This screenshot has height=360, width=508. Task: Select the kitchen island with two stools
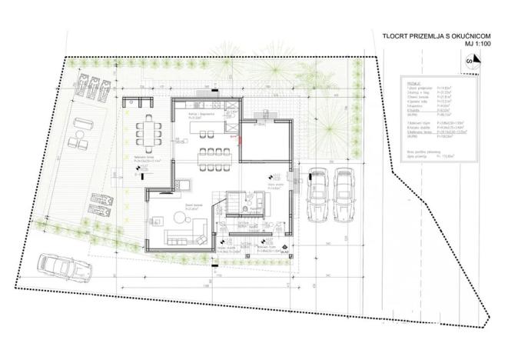pyautogui.click(x=209, y=131)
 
